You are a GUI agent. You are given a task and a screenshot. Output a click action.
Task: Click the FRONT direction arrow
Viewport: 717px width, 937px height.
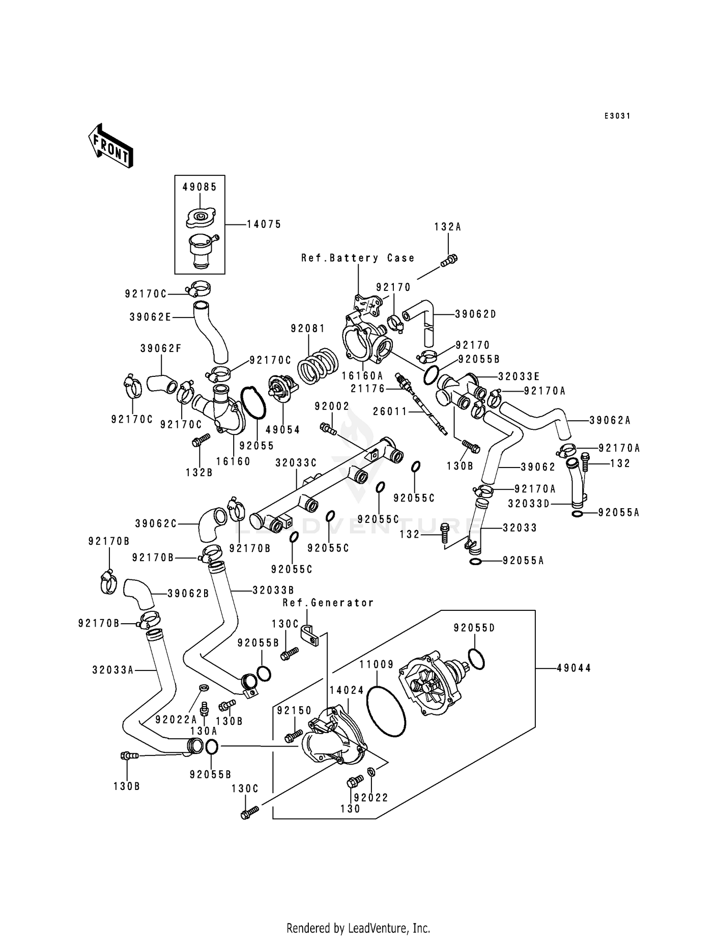[110, 145]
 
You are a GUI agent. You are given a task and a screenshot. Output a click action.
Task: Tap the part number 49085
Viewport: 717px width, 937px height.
[199, 187]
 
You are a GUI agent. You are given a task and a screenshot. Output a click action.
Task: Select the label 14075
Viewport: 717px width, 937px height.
[264, 224]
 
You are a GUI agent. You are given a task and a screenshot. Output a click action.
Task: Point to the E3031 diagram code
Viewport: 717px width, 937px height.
[617, 116]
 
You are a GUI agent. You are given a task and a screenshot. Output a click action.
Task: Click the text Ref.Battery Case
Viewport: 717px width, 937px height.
[358, 258]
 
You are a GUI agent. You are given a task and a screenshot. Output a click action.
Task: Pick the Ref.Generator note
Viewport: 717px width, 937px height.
[328, 603]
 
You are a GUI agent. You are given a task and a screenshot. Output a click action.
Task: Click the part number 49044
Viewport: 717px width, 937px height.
[574, 668]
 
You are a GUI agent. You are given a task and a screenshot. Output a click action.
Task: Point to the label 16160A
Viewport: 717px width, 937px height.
[362, 376]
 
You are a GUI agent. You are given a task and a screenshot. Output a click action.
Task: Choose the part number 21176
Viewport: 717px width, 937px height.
[368, 389]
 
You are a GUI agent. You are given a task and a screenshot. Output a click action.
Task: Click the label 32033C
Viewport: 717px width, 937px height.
[296, 463]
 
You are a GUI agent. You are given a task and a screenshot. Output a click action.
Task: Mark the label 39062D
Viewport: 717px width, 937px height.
[475, 314]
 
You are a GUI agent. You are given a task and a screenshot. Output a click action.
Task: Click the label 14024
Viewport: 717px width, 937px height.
[347, 690]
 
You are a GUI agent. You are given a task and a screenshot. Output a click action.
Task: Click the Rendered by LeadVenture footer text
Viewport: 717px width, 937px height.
[358, 928]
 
